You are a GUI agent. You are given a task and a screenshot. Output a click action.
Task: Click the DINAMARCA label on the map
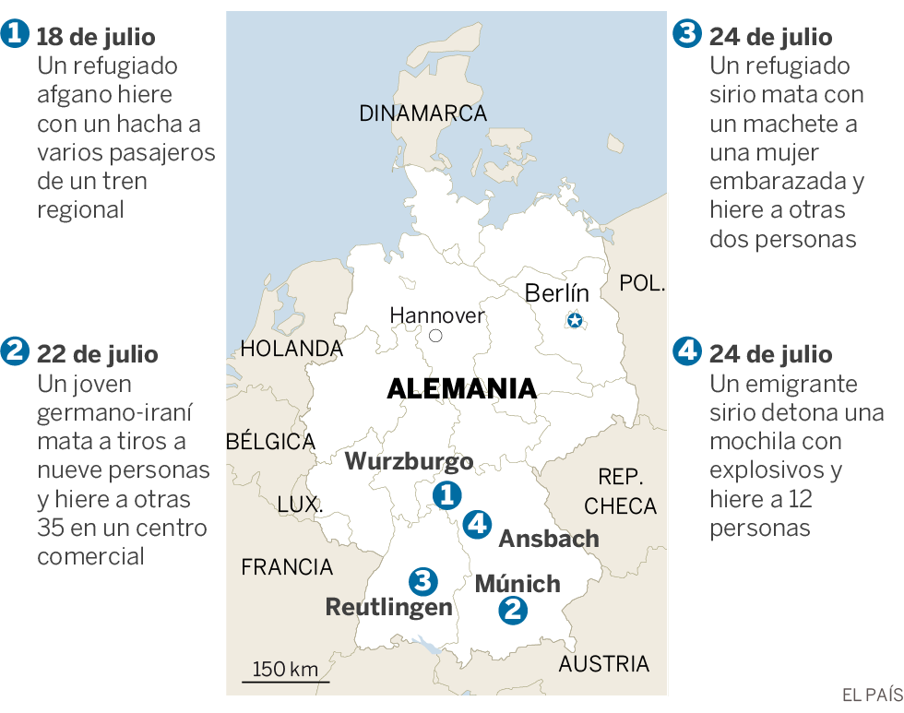tap(422, 113)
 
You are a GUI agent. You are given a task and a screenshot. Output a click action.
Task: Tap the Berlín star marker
tap(575, 321)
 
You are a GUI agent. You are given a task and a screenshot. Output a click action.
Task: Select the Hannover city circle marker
tap(436, 336)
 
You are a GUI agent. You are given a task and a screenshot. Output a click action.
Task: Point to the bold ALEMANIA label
tap(461, 388)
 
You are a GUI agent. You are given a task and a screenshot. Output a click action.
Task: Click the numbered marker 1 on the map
tap(447, 495)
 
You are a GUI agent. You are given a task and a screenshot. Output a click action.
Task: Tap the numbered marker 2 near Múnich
tap(513, 610)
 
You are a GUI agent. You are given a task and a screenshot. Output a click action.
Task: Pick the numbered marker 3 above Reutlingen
tap(422, 581)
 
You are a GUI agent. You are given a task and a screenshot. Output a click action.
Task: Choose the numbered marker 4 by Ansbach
tap(477, 524)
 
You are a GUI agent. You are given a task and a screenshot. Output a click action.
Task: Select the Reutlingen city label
tap(388, 607)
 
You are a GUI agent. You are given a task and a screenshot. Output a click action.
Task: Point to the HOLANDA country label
tap(291, 349)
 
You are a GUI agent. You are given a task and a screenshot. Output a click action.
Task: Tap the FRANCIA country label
tap(287, 566)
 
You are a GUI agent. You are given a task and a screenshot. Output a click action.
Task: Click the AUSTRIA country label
tap(604, 663)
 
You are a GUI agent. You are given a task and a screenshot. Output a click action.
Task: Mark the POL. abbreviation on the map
tap(642, 283)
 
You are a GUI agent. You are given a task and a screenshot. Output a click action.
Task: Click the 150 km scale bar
tap(285, 681)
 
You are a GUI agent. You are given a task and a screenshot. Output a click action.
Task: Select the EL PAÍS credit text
tap(869, 695)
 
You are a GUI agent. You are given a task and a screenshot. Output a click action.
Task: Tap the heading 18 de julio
tap(96, 37)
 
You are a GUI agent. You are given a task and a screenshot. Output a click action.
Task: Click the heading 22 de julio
tap(97, 354)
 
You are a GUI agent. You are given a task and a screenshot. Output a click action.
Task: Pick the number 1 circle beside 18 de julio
tap(15, 36)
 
